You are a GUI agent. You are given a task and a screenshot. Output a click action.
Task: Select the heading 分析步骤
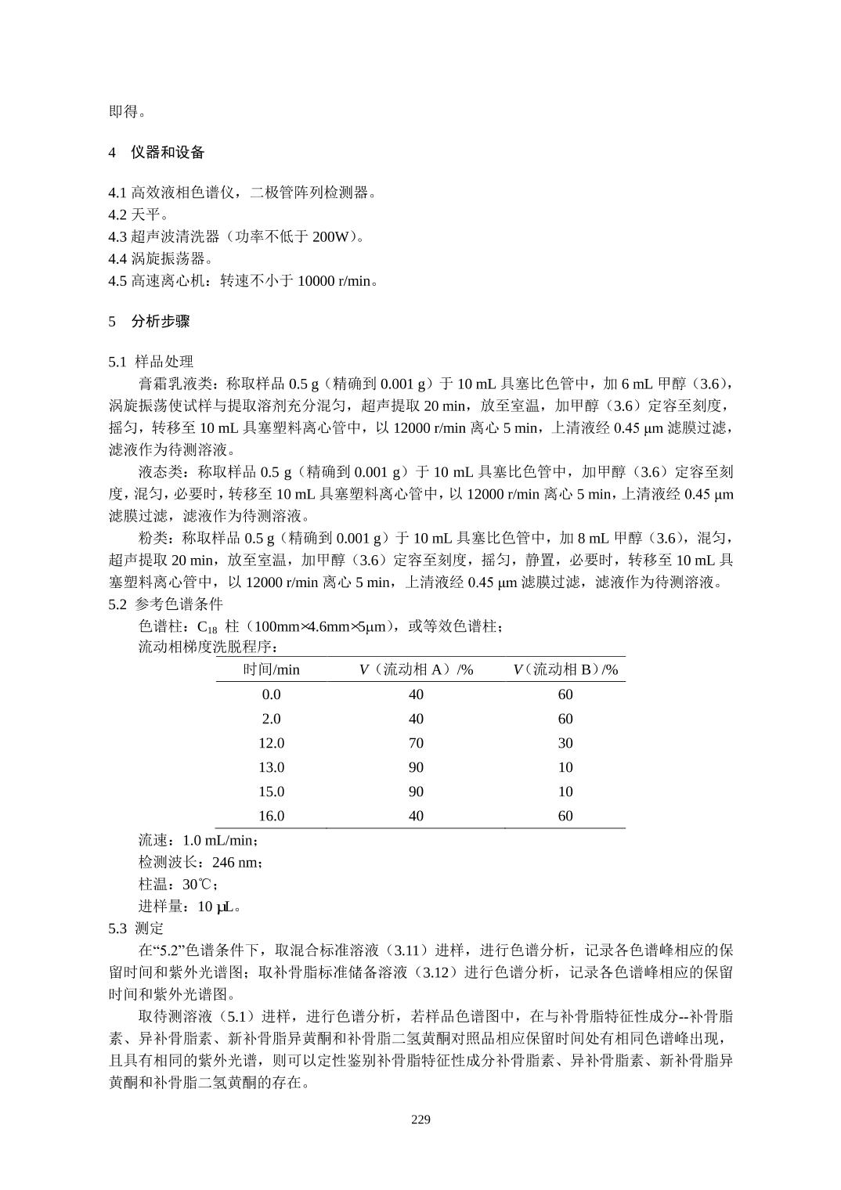(x=161, y=321)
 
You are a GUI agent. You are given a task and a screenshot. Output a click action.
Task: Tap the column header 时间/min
(x=271, y=669)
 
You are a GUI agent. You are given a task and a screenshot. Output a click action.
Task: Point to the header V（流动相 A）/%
(x=416, y=669)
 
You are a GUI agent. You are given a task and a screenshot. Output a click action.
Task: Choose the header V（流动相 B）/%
(x=565, y=669)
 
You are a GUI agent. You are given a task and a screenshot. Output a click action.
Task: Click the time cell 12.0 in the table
(x=271, y=743)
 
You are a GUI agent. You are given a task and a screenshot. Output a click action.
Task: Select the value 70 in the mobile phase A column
(x=416, y=743)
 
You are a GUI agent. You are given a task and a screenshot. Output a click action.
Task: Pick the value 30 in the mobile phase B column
(x=565, y=743)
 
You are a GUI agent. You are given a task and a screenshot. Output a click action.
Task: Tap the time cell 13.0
(x=271, y=767)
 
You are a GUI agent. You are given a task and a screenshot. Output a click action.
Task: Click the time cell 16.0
(x=271, y=816)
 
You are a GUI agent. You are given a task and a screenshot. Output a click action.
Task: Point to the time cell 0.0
(x=271, y=694)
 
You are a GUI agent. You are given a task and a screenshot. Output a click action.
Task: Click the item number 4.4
(x=117, y=258)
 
